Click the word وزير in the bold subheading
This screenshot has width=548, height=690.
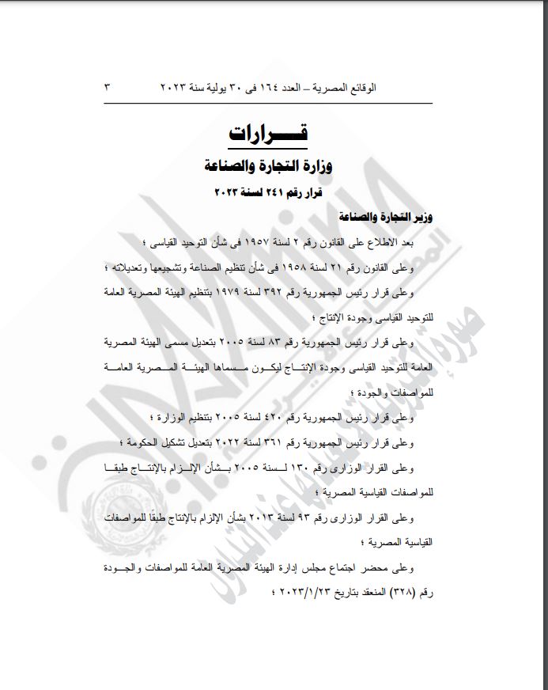(x=425, y=216)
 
